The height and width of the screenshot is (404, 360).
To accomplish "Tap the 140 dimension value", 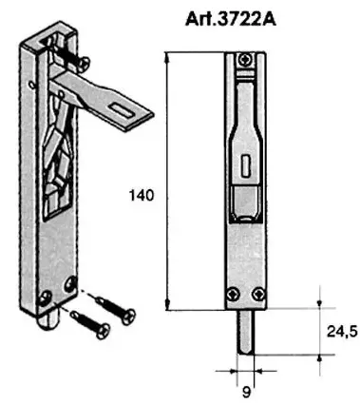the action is point(140,195).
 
